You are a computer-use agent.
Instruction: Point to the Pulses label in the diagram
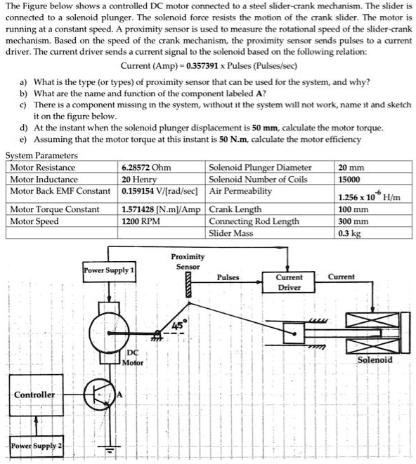click(228, 277)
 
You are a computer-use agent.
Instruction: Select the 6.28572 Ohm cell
click(146, 168)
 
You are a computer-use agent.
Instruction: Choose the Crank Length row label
click(235, 209)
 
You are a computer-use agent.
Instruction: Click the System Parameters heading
click(41, 156)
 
